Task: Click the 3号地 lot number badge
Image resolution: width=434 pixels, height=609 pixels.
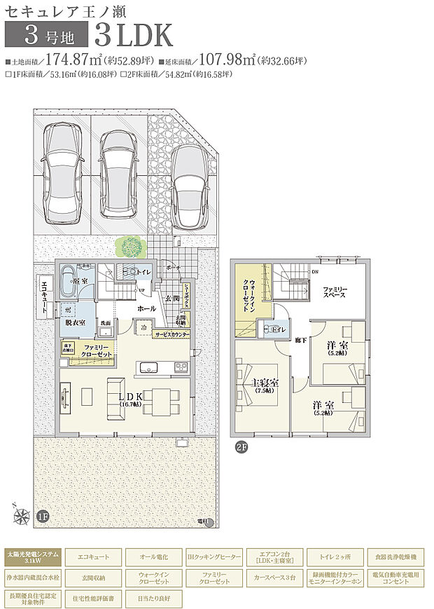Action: [x=47, y=34]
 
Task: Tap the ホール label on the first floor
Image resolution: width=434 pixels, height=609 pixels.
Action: [x=146, y=308]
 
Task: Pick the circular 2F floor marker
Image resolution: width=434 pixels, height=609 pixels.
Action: [x=241, y=446]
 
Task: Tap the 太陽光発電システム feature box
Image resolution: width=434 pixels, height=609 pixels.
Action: [x=32, y=557]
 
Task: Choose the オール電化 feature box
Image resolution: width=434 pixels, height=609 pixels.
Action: [x=155, y=557]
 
